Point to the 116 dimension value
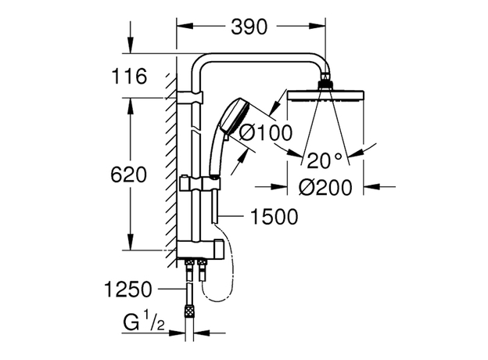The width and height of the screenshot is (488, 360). (x=130, y=77)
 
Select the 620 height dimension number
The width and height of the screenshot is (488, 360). (x=130, y=175)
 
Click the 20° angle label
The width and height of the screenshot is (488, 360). (x=324, y=161)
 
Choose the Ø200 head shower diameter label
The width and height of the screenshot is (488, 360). (x=325, y=188)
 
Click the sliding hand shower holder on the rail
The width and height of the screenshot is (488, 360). (x=199, y=185)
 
